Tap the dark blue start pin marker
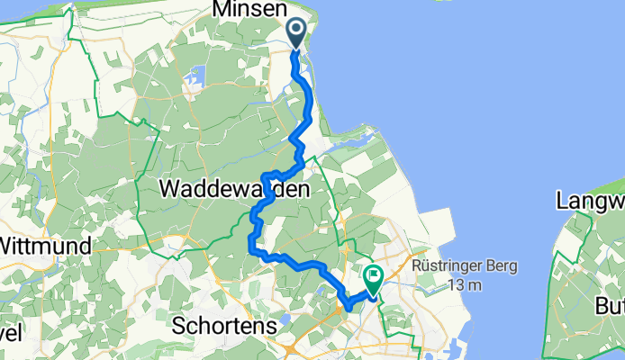pos(297,34)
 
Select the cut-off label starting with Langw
pos(590,200)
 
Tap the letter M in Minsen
pos(222,10)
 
